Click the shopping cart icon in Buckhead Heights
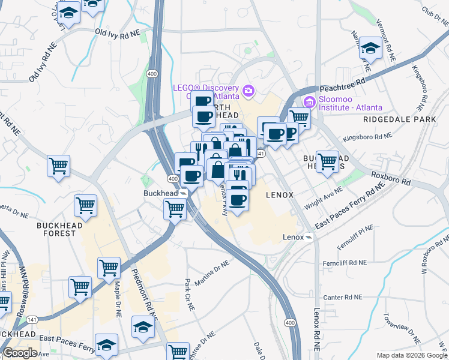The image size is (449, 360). pos(327,161)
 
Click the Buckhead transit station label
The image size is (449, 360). pos(160,193)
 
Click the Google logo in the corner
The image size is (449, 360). pos(20,353)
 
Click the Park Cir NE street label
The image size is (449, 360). pos(190,295)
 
